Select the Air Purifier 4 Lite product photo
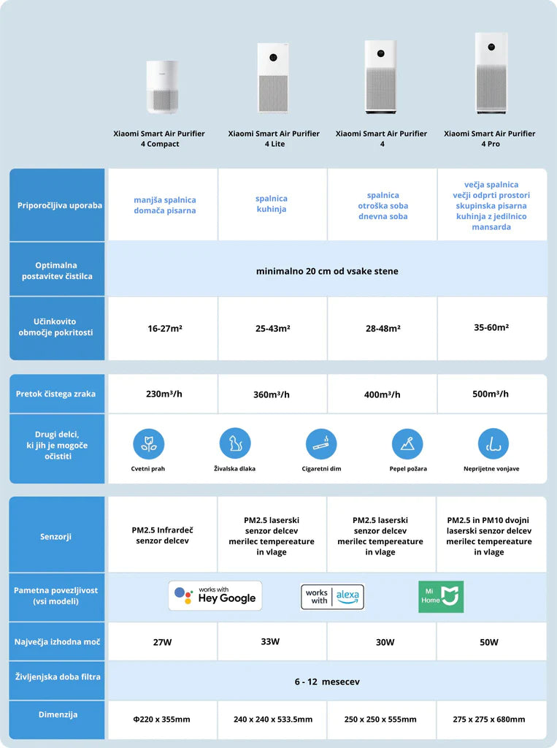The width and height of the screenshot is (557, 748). (x=273, y=78)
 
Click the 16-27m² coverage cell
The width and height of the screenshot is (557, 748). (x=164, y=329)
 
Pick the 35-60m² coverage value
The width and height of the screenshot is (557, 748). (x=491, y=327)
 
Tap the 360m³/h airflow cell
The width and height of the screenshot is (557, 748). (x=272, y=394)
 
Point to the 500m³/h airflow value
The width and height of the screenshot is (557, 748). (x=491, y=394)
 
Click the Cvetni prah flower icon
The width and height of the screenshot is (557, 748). (x=148, y=444)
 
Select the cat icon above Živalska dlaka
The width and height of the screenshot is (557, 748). (x=235, y=443)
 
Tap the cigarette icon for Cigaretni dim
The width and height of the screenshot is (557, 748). (x=321, y=443)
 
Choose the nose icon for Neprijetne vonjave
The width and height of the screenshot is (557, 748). (x=493, y=443)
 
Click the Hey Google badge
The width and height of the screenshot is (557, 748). (x=215, y=596)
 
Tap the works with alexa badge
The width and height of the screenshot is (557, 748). (x=333, y=596)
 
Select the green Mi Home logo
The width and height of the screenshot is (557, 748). (x=441, y=597)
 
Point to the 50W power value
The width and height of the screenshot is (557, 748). (x=490, y=642)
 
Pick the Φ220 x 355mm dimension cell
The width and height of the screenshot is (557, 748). (x=161, y=720)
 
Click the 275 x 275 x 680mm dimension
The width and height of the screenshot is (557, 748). (x=489, y=720)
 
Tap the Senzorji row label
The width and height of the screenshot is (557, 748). (x=55, y=537)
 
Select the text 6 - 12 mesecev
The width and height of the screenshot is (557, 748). (x=327, y=682)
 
